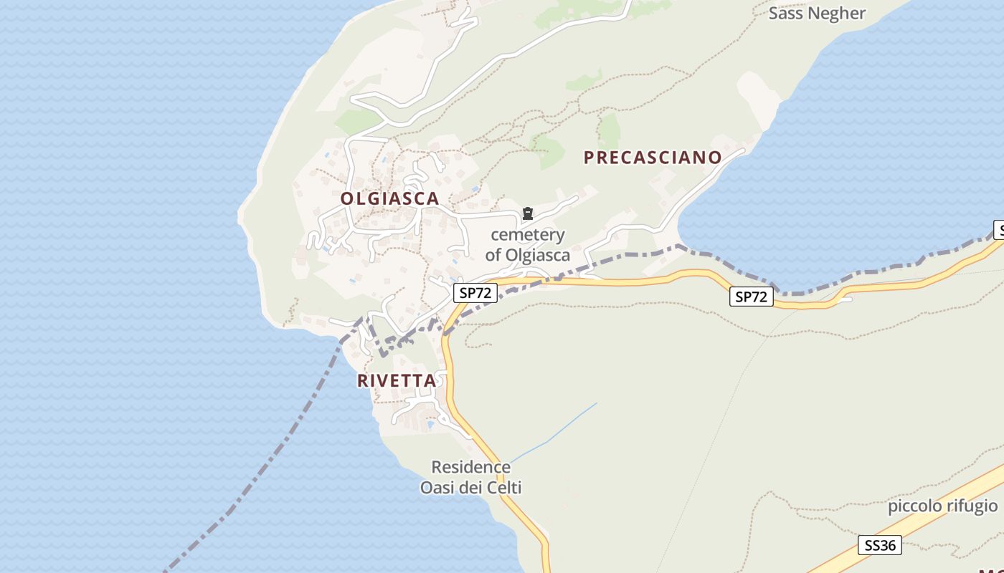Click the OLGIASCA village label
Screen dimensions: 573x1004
389,199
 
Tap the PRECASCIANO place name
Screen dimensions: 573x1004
653,158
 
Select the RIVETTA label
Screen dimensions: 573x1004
397,381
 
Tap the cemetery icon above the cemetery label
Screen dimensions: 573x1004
528,213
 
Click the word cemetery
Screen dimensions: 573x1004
528,235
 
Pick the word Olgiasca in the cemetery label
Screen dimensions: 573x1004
538,255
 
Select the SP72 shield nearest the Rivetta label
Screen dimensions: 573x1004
475,292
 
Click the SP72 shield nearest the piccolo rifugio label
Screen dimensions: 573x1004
752,297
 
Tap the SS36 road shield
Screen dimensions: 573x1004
880,545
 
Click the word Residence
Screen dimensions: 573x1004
471,468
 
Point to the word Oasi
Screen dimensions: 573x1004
437,488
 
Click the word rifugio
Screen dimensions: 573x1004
972,506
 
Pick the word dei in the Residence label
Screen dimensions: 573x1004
470,488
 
